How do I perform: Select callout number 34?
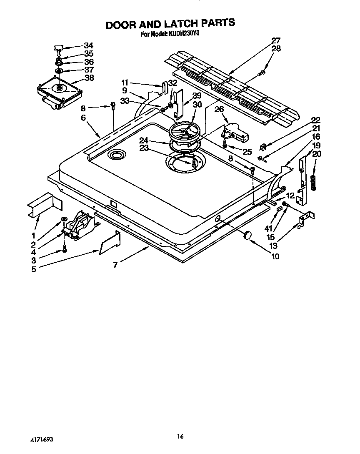[88, 45]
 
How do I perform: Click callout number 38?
[89, 78]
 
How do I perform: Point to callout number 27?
[276, 40]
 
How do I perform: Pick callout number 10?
[275, 256]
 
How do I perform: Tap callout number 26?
[219, 109]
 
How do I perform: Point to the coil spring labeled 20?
[313, 182]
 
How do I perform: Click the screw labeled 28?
[262, 73]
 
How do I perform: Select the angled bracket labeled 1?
[44, 205]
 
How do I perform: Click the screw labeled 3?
[64, 249]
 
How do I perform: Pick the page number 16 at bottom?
[180, 436]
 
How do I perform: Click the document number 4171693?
[41, 440]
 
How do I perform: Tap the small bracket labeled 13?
[306, 219]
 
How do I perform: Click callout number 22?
[316, 120]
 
